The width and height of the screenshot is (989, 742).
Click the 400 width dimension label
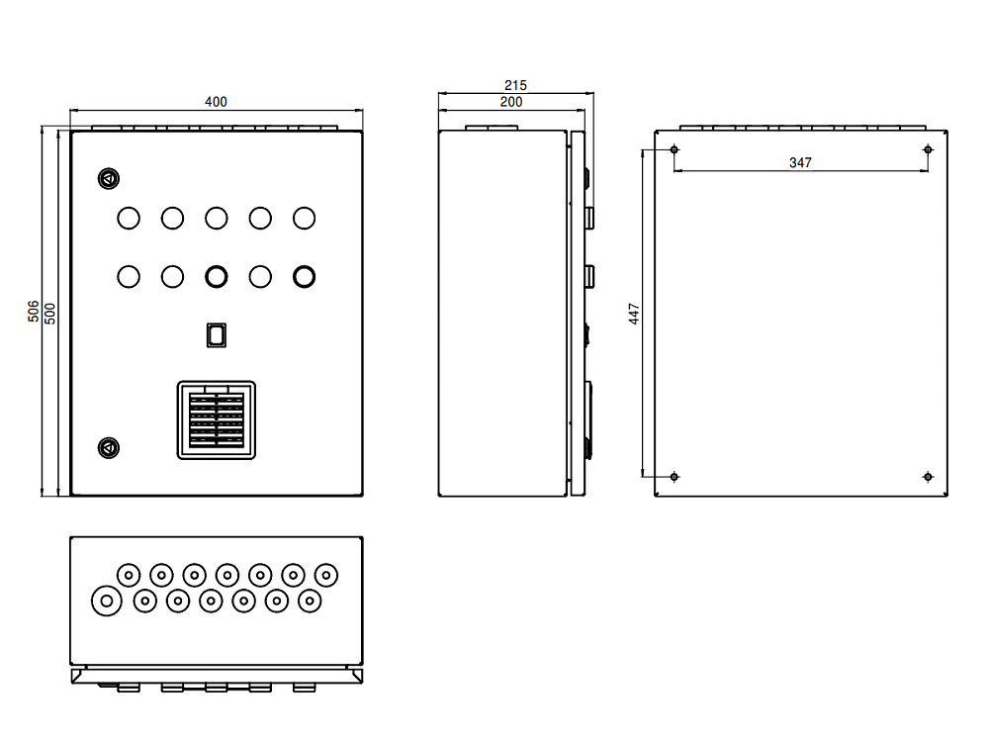216,101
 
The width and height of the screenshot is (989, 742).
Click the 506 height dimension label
33,311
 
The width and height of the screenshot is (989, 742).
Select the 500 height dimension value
49,311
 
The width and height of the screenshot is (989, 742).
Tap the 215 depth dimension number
515,85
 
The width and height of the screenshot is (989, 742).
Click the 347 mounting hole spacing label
800,162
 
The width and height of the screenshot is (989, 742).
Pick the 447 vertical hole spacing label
635,314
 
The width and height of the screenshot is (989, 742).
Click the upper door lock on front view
108,179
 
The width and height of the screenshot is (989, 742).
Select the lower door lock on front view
108,448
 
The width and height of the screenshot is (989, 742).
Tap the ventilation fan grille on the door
216,420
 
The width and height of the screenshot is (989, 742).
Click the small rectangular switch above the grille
216,334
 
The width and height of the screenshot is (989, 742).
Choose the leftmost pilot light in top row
128,218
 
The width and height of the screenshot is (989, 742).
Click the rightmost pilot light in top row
304,218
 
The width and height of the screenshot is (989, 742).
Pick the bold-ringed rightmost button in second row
304,276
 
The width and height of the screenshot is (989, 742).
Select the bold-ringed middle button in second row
216,276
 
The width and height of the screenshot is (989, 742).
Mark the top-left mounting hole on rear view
674,149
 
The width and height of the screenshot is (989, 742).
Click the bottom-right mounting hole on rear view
928,477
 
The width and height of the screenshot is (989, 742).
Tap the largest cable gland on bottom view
106,600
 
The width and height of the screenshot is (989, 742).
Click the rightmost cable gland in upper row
326,574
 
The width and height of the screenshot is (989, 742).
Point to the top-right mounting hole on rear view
928,149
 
